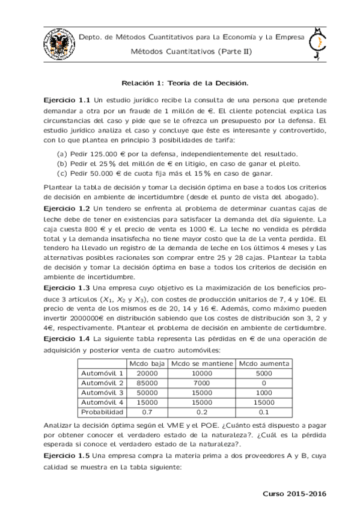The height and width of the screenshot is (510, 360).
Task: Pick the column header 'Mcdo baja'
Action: pos(146,364)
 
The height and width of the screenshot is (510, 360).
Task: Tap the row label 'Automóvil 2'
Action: pos(102,383)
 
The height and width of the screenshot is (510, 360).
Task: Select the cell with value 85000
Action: pos(146,383)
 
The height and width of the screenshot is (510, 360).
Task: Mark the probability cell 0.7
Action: pos(146,412)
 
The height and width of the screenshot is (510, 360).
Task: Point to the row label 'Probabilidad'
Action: pos(102,412)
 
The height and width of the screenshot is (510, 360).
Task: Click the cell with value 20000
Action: pos(146,373)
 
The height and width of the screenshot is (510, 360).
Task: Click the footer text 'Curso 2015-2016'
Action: pos(294,493)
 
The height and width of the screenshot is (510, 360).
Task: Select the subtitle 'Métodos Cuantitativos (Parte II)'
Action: pos(192,51)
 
